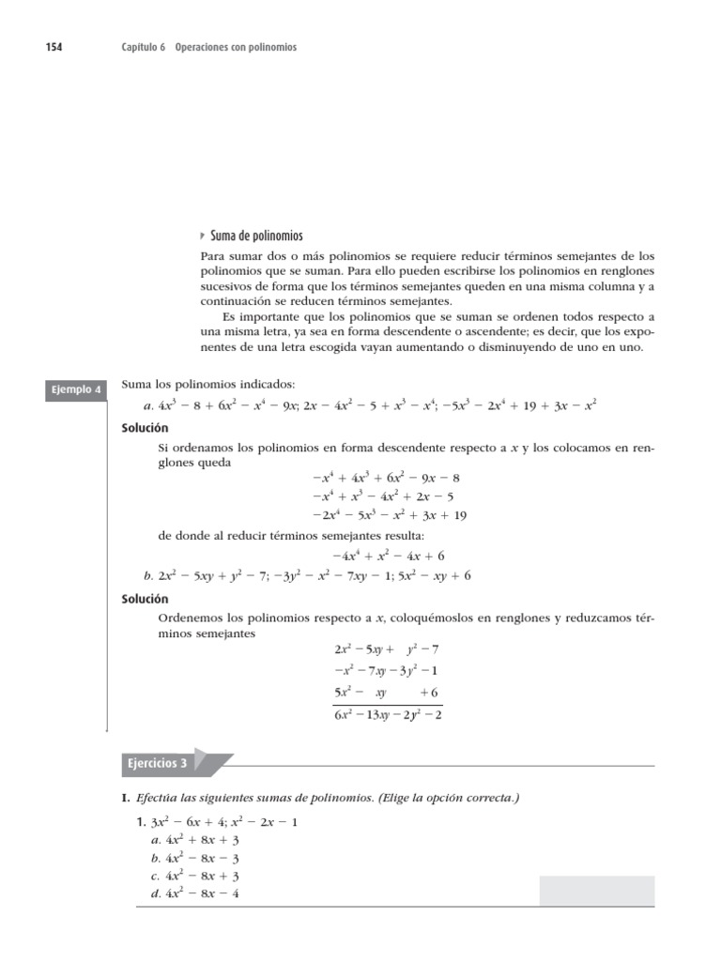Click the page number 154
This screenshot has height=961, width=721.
[54, 47]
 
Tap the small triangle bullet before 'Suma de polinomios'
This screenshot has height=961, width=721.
[204, 236]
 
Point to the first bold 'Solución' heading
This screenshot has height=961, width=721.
[145, 427]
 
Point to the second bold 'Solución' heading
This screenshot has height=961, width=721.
[145, 598]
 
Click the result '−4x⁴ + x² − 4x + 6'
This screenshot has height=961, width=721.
[388, 556]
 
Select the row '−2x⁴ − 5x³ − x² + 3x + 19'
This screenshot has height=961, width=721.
[389, 515]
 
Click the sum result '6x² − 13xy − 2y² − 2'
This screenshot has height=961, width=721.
[388, 715]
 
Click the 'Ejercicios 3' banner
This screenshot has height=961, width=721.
[158, 763]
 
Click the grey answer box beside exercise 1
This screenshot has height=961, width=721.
[597, 891]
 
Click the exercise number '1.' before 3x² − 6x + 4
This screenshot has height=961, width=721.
[141, 822]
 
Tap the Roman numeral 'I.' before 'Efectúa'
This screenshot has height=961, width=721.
[126, 798]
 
